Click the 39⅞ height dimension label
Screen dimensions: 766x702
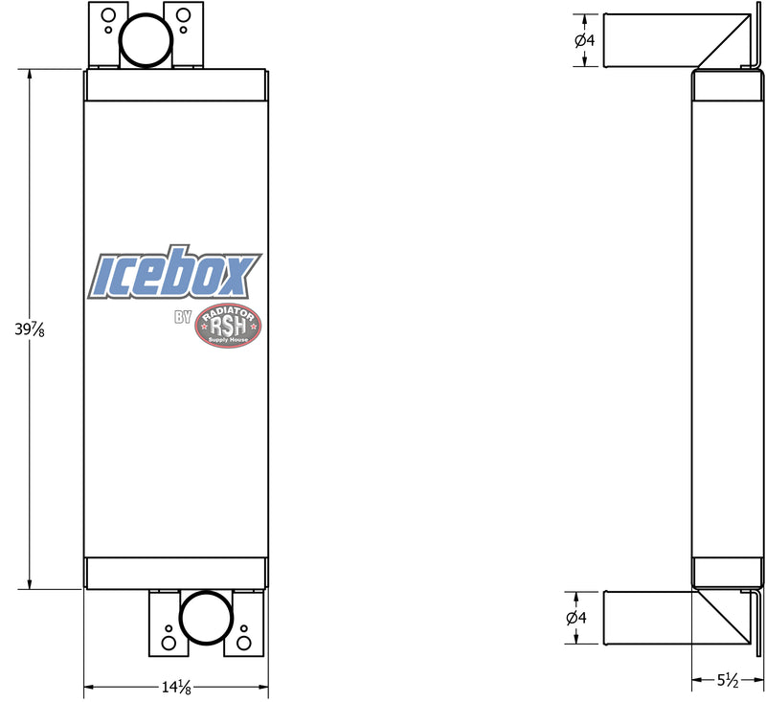pyautogui.click(x=30, y=329)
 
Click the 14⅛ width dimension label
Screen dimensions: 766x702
pyautogui.click(x=176, y=688)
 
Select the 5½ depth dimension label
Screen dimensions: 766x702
pyautogui.click(x=728, y=680)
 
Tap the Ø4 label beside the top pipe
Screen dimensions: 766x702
pyautogui.click(x=585, y=40)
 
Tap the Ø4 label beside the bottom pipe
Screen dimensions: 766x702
pyautogui.click(x=576, y=618)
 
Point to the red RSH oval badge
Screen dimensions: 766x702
pyautogui.click(x=228, y=327)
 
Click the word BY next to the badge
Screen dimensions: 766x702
pyautogui.click(x=183, y=317)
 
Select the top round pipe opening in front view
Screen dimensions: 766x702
pyautogui.click(x=146, y=40)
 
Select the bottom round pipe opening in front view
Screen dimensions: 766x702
pyautogui.click(x=206, y=618)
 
